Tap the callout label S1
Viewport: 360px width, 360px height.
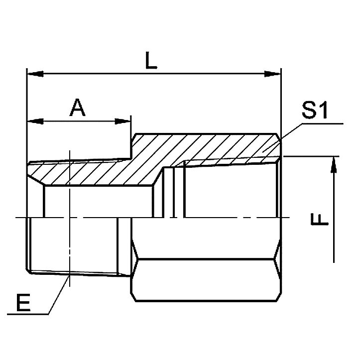[x=314, y=110]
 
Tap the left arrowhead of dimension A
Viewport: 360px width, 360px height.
[x=35, y=121]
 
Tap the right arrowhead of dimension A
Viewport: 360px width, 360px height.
[x=122, y=121]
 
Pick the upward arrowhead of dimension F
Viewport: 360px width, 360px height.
[x=334, y=165]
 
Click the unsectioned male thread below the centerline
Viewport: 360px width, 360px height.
[x=75, y=244]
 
